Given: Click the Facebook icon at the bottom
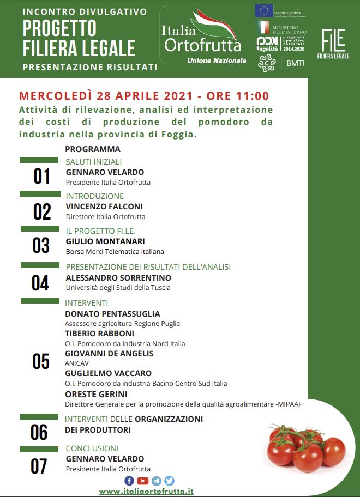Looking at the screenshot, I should (x=129, y=481).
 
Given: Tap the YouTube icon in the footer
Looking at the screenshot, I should (x=143, y=481).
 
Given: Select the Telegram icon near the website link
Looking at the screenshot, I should (x=157, y=481).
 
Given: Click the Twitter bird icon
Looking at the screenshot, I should (x=170, y=481).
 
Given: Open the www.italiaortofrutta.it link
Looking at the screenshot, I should (x=146, y=491).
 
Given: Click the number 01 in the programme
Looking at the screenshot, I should (x=41, y=177).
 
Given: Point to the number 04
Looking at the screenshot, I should (x=40, y=283).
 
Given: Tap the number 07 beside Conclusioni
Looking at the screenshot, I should (x=39, y=466).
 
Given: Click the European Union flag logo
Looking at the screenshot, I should (x=265, y=10).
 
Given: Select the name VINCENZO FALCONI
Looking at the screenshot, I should (x=105, y=206).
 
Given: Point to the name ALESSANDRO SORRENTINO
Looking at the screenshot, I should (x=118, y=278).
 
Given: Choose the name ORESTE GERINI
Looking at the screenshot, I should (x=96, y=394).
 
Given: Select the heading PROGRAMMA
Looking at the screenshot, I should (x=92, y=149).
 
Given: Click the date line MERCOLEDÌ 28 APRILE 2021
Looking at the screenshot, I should (x=144, y=96).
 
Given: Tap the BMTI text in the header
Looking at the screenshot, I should (x=296, y=63).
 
